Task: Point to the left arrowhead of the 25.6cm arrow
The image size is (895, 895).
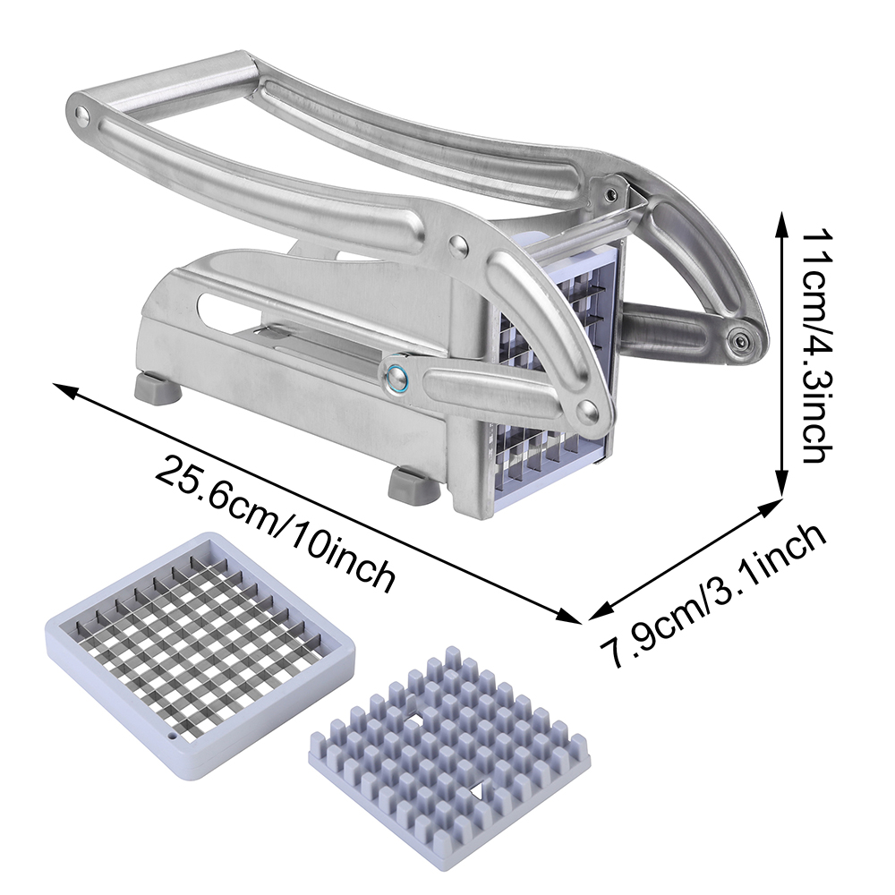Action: (63, 389)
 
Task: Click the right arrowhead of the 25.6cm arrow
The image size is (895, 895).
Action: (571, 617)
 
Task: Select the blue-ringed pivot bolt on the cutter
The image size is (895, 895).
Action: (395, 378)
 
